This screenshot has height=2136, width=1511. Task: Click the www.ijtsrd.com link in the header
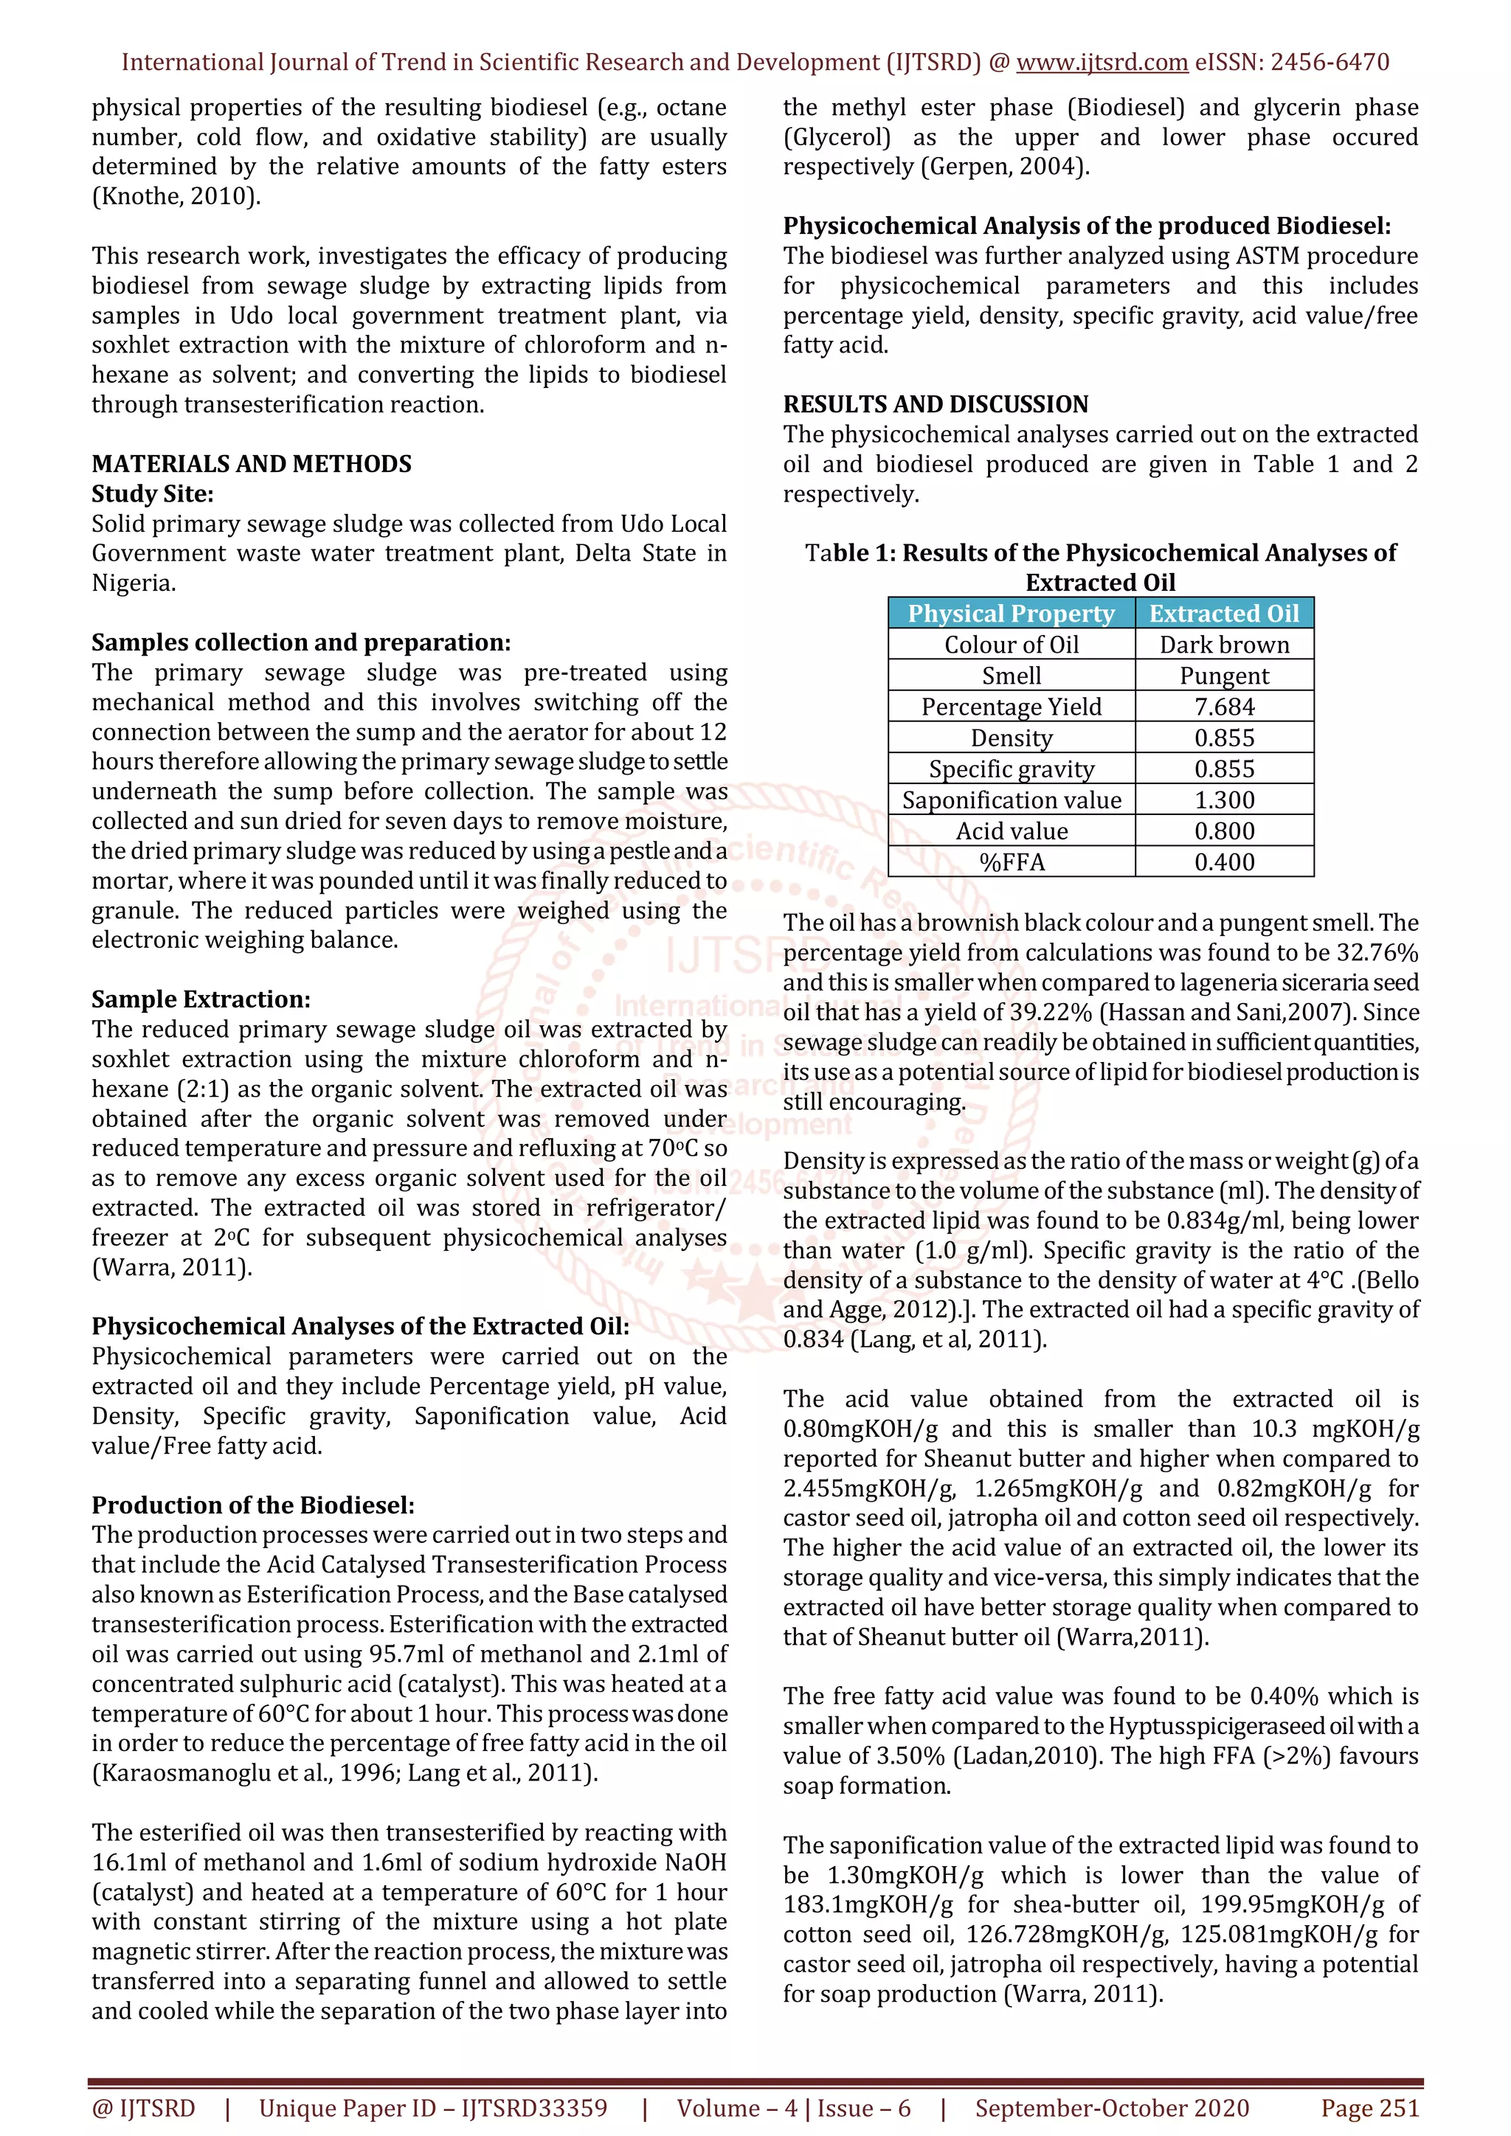(x=1102, y=63)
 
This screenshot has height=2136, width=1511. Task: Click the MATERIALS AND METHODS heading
(x=251, y=463)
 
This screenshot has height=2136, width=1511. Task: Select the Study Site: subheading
(x=153, y=493)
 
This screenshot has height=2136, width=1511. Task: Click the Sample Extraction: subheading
(x=201, y=999)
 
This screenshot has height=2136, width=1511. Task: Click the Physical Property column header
(x=1011, y=614)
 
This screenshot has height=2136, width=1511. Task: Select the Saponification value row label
(x=1012, y=800)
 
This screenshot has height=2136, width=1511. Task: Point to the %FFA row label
(x=1012, y=862)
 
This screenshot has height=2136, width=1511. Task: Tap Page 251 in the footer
(x=1369, y=2108)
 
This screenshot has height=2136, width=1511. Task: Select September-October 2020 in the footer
(x=1112, y=2108)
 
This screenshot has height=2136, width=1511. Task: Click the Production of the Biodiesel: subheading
(x=253, y=1505)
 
